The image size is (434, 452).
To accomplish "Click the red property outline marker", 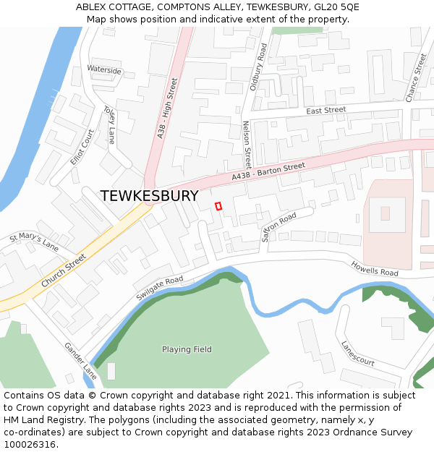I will [218, 206].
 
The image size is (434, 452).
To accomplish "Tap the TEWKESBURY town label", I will [149, 196].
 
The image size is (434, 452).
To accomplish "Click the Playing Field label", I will [187, 349].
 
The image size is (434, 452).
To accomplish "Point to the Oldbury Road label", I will [258, 66].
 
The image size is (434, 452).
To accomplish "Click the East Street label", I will [326, 111].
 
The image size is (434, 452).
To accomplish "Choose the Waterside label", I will [104, 70].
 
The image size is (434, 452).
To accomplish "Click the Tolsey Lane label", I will [109, 125].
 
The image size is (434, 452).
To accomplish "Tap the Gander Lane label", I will [80, 361].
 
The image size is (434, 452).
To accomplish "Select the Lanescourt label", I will [357, 352].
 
